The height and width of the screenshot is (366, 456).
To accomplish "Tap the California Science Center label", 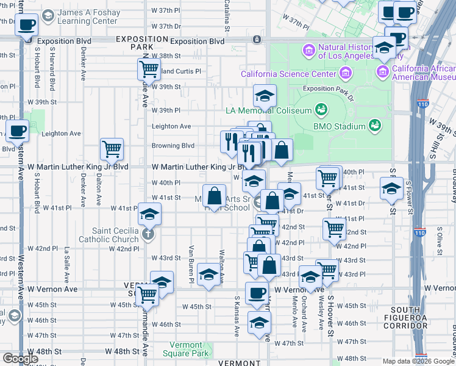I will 288,74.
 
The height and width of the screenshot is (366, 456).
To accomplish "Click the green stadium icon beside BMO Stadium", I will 376,126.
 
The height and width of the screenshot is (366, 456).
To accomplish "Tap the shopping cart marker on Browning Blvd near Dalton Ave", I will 112,149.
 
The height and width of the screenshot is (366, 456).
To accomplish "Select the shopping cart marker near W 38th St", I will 149,70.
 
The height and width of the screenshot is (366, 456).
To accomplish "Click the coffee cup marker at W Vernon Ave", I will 256,293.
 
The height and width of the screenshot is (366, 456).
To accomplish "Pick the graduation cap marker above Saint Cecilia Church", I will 149,214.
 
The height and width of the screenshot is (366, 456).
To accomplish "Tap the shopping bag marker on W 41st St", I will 214,196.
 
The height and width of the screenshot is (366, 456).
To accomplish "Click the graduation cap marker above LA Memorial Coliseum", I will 265,96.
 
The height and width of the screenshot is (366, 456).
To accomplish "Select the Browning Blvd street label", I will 173,146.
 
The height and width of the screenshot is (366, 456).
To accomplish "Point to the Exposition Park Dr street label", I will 328,89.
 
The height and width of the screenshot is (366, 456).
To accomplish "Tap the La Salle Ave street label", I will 67,263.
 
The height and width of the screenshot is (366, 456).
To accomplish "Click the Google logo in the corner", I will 20,359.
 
